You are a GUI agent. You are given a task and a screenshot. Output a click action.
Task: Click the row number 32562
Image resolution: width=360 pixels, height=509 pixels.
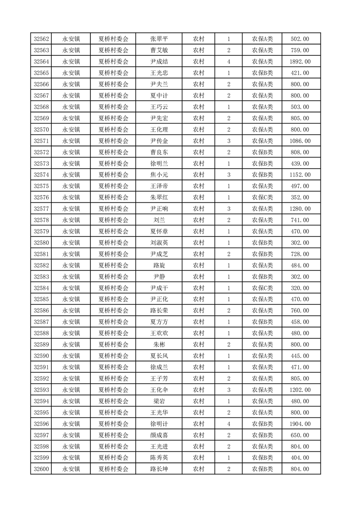pos(41,39)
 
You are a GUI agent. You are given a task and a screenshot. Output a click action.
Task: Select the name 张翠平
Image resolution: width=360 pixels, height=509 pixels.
pos(158,39)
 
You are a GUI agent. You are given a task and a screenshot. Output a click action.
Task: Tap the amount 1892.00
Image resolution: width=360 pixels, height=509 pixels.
pos(300,62)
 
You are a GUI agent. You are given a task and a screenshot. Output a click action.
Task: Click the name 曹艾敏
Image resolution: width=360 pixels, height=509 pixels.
pos(158,50)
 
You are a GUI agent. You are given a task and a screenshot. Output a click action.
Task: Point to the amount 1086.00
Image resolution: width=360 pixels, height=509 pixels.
pos(300,141)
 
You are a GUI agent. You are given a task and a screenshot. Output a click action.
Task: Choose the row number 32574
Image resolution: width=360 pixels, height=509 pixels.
pos(41,175)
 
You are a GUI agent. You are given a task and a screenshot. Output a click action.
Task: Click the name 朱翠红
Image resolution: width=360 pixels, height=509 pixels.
pos(158,197)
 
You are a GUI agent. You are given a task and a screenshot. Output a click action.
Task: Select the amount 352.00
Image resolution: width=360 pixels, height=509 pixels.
pos(300,197)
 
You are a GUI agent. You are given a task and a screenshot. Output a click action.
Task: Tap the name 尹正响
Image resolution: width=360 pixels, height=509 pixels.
pos(158,209)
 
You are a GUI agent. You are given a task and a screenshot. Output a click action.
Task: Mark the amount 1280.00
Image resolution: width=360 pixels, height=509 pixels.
pos(300,209)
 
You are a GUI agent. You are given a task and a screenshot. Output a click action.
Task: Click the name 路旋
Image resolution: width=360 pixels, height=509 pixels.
pos(158,265)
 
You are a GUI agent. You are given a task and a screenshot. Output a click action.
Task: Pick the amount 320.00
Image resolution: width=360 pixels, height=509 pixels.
pos(300,288)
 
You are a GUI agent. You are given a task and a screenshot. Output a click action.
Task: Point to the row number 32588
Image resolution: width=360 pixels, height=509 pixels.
pos(41,333)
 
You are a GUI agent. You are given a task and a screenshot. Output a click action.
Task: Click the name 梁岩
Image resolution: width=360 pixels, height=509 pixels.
pos(158,401)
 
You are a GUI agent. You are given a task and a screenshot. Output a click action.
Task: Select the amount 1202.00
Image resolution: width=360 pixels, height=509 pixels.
pos(300,390)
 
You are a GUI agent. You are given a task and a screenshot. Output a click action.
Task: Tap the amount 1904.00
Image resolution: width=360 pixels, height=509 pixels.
pos(300,424)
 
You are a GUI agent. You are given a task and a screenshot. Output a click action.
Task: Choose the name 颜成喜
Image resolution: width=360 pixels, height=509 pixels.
pos(158,435)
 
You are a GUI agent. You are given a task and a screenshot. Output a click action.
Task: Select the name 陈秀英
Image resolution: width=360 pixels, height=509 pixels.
pos(158,458)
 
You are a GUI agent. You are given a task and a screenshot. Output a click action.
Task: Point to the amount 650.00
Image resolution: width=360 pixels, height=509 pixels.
pos(300,435)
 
